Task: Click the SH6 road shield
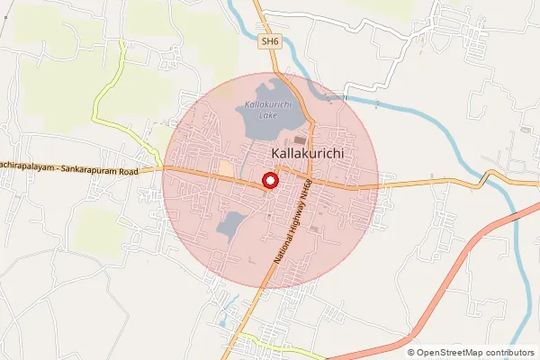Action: coord(269,41)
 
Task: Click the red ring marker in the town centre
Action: coord(269,181)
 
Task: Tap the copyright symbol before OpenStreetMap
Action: coord(411,353)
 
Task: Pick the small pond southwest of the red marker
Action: coord(231,223)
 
